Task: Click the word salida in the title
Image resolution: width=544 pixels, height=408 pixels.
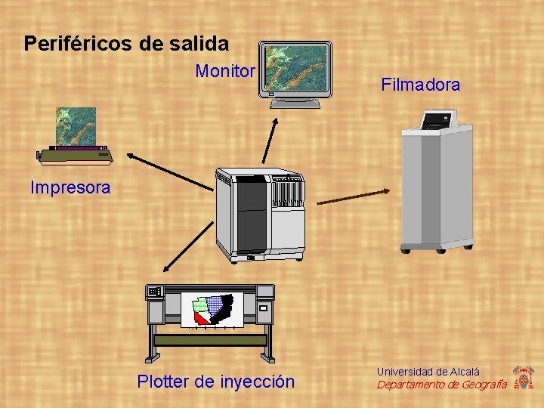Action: [x=201, y=44]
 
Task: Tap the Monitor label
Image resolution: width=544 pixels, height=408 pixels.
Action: [x=225, y=71]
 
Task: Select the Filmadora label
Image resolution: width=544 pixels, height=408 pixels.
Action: [x=420, y=85]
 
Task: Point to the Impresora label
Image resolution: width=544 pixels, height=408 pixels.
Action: [x=70, y=187]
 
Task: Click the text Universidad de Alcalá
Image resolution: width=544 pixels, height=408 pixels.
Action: [x=428, y=372]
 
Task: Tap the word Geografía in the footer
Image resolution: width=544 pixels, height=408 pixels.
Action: [x=476, y=385]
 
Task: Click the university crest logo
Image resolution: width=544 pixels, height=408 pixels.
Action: [x=523, y=377]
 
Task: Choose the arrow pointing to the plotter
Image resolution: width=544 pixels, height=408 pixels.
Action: [x=188, y=248]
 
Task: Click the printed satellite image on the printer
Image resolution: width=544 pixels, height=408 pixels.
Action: [x=76, y=126]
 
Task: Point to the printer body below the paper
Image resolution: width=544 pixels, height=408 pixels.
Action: [x=76, y=156]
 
